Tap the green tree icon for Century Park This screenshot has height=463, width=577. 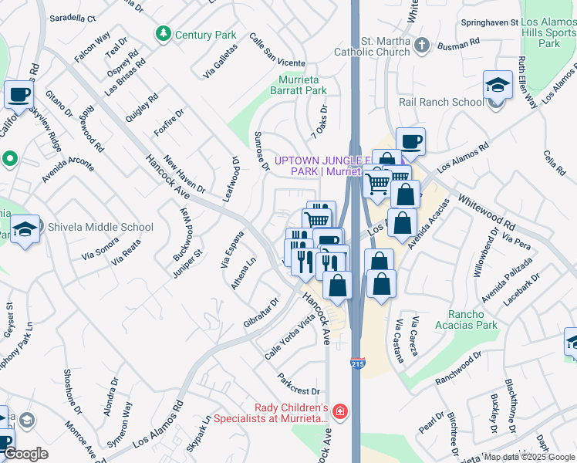(163, 34)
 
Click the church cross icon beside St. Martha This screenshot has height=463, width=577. (421, 45)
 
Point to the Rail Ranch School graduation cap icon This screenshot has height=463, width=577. (498, 86)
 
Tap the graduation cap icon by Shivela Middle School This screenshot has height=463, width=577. (25, 230)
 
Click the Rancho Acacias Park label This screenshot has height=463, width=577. (476, 319)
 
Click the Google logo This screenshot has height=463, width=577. (26, 455)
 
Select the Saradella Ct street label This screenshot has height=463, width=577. (71, 18)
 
